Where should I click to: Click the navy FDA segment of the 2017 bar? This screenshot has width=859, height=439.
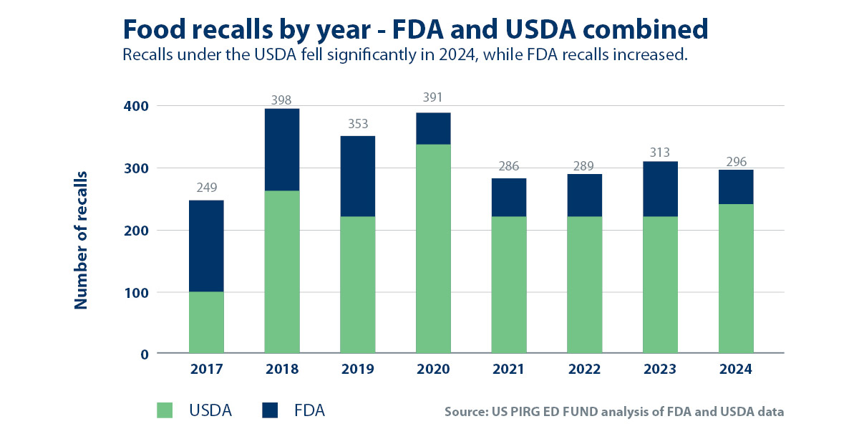coord(206,246)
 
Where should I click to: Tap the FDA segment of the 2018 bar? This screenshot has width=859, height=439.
coord(282,150)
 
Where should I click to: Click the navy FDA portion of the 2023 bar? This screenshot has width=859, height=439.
coord(660,189)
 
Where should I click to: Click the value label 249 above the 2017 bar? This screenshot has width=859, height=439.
coord(206,189)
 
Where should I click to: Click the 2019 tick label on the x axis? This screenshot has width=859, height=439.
coord(357,370)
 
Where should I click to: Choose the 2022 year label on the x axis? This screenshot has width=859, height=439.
coord(584,370)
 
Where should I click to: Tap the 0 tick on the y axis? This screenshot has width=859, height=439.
coord(143,354)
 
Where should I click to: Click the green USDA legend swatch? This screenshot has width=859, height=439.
coord(165,410)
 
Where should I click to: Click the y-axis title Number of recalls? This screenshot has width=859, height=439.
coord(80,240)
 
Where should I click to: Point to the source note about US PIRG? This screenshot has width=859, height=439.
coord(614,412)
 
